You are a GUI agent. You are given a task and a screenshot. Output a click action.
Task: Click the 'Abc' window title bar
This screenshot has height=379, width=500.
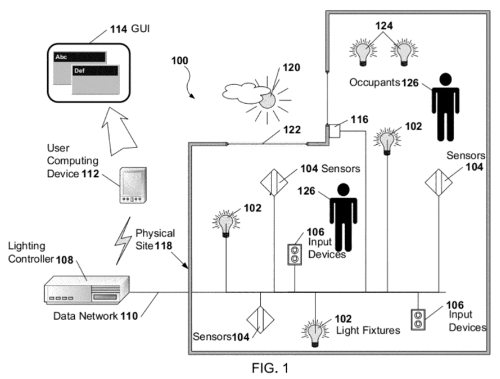click(79, 57)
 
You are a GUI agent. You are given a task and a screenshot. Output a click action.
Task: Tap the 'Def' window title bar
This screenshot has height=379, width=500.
click(96, 71)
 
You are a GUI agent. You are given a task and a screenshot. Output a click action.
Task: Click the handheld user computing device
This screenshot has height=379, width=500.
click(133, 185)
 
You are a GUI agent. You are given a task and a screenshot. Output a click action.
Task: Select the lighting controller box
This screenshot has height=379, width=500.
click(86, 290)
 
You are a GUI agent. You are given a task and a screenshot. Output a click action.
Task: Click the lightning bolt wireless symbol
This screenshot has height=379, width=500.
click(123, 241)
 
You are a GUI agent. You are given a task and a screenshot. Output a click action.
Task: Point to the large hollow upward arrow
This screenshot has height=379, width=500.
click(118, 132)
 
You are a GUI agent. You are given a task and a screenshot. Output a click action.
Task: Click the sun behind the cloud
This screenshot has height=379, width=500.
click(268, 101)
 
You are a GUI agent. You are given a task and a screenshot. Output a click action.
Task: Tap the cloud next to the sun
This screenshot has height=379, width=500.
click(241, 93)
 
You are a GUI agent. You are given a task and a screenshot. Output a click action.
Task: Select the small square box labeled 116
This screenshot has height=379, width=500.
click(334, 131)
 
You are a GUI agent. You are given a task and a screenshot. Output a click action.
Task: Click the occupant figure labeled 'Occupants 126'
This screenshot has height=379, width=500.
click(445, 107)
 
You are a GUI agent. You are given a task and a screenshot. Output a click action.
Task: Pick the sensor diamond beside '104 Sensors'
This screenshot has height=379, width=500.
click(274, 183)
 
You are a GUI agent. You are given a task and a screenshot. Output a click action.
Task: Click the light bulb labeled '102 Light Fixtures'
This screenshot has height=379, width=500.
click(315, 334)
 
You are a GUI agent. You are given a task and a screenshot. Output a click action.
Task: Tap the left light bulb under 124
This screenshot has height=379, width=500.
click(363, 52)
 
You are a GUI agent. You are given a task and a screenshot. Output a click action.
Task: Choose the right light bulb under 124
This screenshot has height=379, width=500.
click(404, 52)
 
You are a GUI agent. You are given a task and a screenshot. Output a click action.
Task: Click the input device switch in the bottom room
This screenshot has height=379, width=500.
click(418, 320)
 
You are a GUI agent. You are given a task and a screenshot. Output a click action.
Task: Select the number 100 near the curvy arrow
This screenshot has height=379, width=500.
click(179, 60)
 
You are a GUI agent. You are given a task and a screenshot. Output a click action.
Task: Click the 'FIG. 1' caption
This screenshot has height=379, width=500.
click(270, 368)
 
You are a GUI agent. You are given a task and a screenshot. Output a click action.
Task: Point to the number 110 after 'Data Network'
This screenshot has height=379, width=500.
click(129, 316)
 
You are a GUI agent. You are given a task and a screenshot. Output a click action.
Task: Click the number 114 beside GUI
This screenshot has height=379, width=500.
click(118, 30)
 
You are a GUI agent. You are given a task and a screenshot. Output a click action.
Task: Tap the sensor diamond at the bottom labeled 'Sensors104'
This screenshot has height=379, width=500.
click(260, 320)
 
